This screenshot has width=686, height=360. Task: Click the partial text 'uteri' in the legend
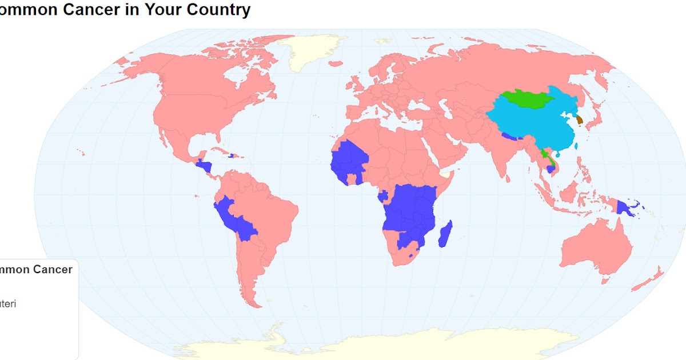click(8, 304)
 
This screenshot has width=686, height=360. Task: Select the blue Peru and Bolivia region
click(237, 220)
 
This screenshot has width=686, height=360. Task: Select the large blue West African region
click(349, 160)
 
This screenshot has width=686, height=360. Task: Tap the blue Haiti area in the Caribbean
click(232, 155)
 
